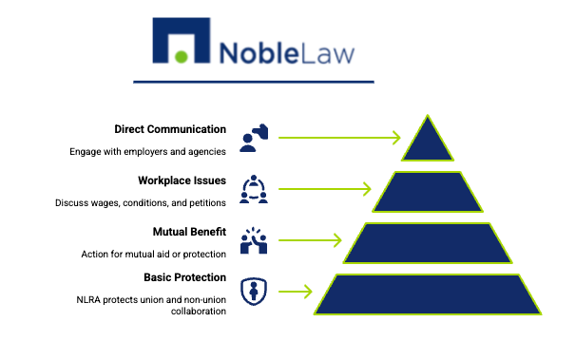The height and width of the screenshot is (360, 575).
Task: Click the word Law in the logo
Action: click(x=328, y=50)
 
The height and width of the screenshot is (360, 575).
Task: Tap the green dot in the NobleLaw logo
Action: click(x=182, y=56)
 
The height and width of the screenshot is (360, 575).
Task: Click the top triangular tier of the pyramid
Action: click(x=428, y=143)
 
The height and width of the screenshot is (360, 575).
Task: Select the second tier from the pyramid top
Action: click(x=428, y=192)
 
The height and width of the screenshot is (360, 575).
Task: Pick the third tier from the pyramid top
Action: click(x=428, y=243)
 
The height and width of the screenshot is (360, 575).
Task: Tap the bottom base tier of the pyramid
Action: click(x=428, y=294)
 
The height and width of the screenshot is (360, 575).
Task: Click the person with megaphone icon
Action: click(x=254, y=139)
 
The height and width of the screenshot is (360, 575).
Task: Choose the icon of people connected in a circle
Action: click(x=254, y=190)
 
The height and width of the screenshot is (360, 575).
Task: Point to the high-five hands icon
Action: click(x=254, y=241)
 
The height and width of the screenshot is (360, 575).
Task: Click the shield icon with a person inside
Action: click(x=254, y=291)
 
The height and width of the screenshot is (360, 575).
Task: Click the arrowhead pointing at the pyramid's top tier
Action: click(x=396, y=139)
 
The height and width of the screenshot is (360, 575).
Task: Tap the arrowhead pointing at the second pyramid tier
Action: click(x=367, y=190)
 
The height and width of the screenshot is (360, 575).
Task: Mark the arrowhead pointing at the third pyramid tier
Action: click(x=336, y=241)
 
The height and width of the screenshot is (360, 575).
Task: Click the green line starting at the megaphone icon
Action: click(x=333, y=139)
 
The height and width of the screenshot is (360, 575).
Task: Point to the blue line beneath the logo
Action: click(x=253, y=82)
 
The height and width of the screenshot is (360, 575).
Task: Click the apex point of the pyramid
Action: click(x=428, y=117)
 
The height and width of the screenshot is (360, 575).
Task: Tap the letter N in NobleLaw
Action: click(x=231, y=51)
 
